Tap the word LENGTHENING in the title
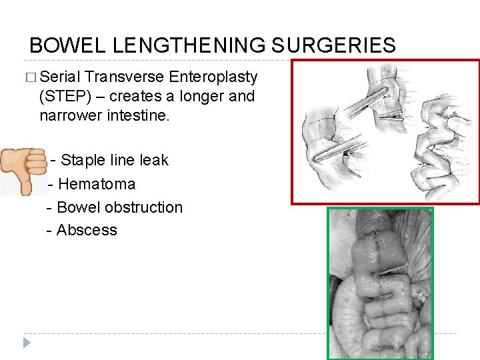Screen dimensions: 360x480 click(x=190, y=45)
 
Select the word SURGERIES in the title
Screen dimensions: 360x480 click(x=333, y=45)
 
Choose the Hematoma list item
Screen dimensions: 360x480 click(x=97, y=184)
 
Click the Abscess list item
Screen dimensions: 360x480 click(x=87, y=230)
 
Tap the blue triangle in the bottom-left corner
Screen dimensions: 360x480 click(x=26, y=343)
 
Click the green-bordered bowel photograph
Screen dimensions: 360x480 click(x=379, y=283)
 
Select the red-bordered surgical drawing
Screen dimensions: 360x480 click(x=385, y=132)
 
